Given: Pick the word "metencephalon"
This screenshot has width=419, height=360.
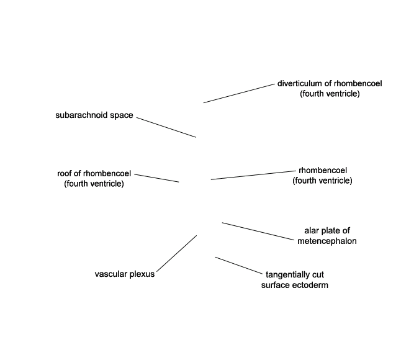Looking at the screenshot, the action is pyautogui.click(x=327, y=241).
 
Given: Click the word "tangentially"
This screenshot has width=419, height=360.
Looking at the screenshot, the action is pyautogui.click(x=287, y=275).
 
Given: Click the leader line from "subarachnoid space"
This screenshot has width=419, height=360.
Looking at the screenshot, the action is pyautogui.click(x=166, y=127).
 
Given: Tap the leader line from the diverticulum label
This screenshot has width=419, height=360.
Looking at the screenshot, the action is pyautogui.click(x=239, y=93).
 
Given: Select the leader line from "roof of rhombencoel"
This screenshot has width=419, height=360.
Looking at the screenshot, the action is pyautogui.click(x=156, y=178).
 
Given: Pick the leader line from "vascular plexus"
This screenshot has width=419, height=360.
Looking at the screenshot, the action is pyautogui.click(x=177, y=253).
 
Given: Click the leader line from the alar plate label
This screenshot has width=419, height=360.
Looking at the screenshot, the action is pyautogui.click(x=258, y=231).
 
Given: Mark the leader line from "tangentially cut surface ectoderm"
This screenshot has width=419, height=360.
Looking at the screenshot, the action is pyautogui.click(x=239, y=266).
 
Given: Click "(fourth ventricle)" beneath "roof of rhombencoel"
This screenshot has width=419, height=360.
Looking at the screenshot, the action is pyautogui.click(x=94, y=184).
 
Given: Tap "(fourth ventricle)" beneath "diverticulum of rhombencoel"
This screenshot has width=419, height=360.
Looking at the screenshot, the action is pyautogui.click(x=330, y=94).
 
